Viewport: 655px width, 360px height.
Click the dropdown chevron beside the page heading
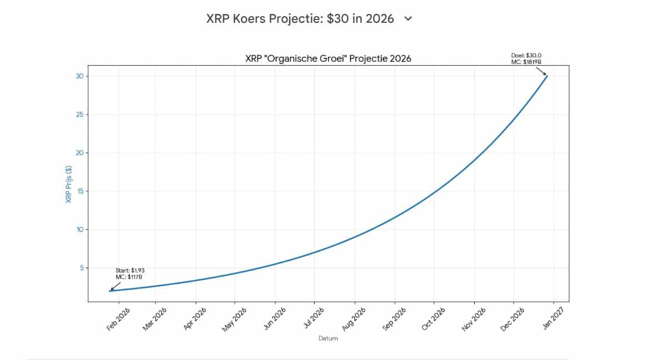click(x=408, y=18)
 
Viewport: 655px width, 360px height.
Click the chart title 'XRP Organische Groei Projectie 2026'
click(x=328, y=58)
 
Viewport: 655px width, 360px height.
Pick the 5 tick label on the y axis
click(x=81, y=268)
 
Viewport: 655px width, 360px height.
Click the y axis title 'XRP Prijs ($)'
click(x=69, y=184)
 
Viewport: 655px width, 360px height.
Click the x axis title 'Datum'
click(x=328, y=338)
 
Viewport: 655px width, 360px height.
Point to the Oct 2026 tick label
click(x=434, y=319)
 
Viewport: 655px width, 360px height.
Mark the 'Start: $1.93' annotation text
click(x=130, y=270)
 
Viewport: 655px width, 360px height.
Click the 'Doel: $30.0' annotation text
click(x=526, y=55)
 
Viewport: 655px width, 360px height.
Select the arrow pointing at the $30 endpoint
click(x=541, y=71)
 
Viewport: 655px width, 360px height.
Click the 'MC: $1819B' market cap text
click(x=526, y=62)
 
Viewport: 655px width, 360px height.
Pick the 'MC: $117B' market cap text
click(x=130, y=277)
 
